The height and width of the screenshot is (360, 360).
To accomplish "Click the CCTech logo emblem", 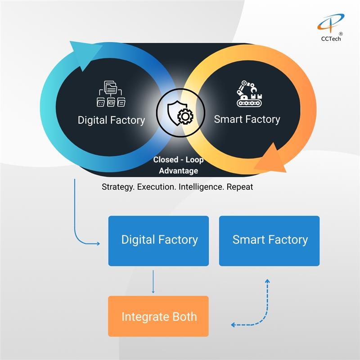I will (330, 23).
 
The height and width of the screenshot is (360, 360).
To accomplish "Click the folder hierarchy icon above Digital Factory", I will (111, 94).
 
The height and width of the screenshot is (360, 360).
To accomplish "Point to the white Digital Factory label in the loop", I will (111, 120).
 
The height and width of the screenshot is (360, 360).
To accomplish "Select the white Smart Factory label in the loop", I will (247, 119).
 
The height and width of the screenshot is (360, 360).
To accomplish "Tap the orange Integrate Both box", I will (158, 316).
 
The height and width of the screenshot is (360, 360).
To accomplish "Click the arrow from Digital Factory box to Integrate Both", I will (153, 281).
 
